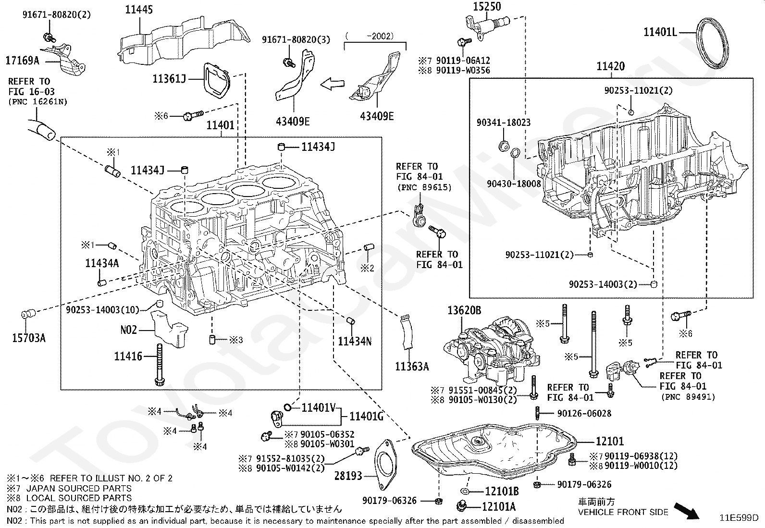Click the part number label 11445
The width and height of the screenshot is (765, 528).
(x=139, y=10)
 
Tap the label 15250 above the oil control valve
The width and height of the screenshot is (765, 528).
(x=487, y=7)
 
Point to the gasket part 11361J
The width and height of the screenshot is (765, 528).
(x=217, y=81)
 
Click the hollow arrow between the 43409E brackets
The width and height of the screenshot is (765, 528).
(x=333, y=84)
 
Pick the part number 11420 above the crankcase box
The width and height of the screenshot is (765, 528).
(x=611, y=66)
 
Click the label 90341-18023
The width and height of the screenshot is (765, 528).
(x=504, y=122)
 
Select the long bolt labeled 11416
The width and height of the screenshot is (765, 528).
(x=160, y=365)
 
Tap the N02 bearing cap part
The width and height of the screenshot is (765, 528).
(x=169, y=329)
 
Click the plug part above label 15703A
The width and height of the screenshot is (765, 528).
(x=29, y=314)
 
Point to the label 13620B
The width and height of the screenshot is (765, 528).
(x=464, y=310)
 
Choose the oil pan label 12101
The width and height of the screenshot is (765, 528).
(x=610, y=441)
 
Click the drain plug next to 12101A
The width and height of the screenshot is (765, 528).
(x=462, y=506)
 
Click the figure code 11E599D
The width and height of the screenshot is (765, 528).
(x=739, y=517)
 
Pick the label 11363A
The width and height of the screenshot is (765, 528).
(x=412, y=367)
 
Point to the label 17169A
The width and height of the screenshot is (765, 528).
(x=23, y=61)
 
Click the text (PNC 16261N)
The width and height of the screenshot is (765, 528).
(x=38, y=102)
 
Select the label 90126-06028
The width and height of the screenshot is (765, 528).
(x=584, y=413)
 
